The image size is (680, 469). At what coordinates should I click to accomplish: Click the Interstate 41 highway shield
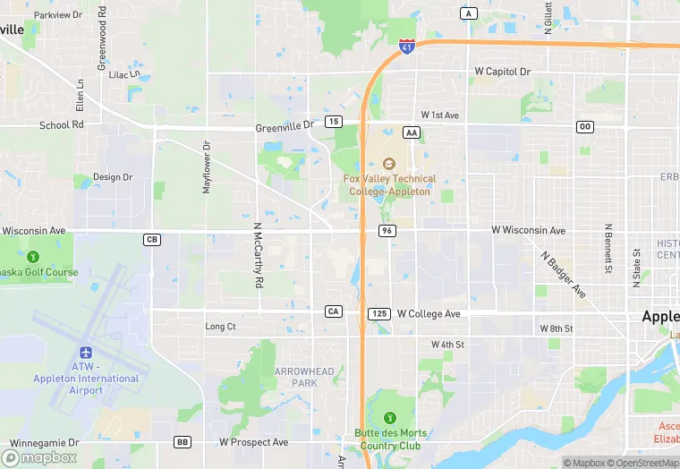click(x=406, y=45)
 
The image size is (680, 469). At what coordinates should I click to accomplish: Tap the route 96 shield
click(x=387, y=231)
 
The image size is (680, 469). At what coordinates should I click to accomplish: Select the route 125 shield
click(x=378, y=313)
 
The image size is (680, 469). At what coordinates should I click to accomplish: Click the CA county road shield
click(x=333, y=311)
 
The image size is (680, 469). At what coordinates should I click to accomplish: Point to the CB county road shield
click(x=151, y=239)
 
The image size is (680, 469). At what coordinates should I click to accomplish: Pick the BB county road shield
click(x=183, y=442)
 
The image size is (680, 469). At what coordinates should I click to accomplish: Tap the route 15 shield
click(x=333, y=121)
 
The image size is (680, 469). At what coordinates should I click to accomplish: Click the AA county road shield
click(x=412, y=132)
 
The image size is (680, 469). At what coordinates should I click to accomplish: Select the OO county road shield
click(x=585, y=127)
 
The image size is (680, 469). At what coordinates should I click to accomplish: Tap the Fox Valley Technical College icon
click(x=387, y=164)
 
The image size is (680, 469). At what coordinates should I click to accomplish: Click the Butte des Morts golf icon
click(x=389, y=417)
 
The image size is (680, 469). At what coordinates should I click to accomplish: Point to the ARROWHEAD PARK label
click(x=304, y=377)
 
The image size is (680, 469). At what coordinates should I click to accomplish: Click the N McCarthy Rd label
click(x=258, y=255)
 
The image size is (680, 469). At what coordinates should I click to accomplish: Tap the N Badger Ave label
click(x=563, y=273)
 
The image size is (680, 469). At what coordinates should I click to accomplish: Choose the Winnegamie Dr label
click(x=42, y=442)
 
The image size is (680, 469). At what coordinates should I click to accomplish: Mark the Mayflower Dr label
click(x=206, y=166)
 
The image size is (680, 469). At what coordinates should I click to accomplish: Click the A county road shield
click(x=469, y=13)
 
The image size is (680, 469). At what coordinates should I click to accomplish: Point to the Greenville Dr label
click(x=285, y=127)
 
